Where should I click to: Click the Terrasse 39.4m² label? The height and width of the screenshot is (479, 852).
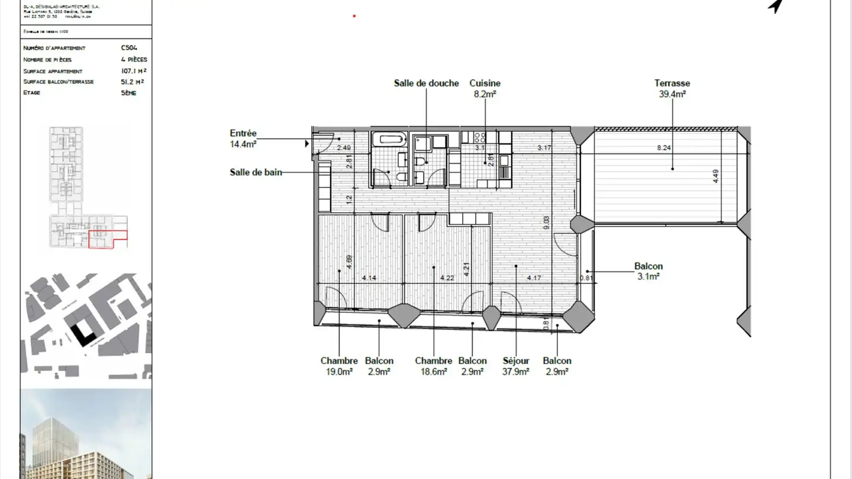click(x=672, y=89)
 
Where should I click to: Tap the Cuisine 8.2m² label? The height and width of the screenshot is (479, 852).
click(x=485, y=89)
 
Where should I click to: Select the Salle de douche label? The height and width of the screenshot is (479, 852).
click(x=426, y=83)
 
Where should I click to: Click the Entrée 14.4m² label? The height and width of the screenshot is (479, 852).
click(x=243, y=138)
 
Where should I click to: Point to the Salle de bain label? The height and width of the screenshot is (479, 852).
click(x=256, y=173)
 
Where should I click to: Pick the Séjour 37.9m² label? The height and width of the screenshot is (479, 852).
click(x=515, y=366)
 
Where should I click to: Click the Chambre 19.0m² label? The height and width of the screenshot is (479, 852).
click(x=338, y=366)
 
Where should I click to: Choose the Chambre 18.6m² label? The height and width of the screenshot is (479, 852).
click(x=433, y=366)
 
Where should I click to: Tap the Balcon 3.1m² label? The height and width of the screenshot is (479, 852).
click(x=648, y=271)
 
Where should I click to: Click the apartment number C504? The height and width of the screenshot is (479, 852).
click(x=129, y=48)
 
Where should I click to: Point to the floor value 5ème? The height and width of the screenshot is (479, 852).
click(x=128, y=93)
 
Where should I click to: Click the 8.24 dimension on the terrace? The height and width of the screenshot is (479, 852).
click(x=664, y=148)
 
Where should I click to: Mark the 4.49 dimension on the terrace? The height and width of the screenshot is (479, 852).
click(x=716, y=177)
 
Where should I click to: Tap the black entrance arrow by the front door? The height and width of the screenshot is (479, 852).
click(x=306, y=143)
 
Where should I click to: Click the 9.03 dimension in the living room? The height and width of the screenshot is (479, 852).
click(x=546, y=222)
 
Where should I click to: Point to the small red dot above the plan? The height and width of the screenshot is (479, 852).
click(x=354, y=16)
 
